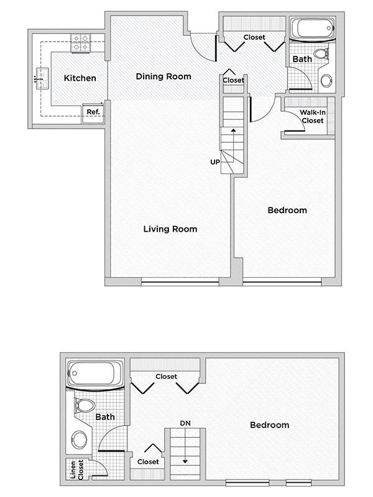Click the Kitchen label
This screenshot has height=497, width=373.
[80, 78]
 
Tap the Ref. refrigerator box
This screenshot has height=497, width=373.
[93, 112]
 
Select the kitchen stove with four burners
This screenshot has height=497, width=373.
[81, 42]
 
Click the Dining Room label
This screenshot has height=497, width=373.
[163, 76]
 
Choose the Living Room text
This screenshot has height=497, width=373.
[170, 229]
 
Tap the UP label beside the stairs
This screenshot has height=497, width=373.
[215, 162]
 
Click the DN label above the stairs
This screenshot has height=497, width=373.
[185, 423]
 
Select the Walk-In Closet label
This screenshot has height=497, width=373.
[312, 116]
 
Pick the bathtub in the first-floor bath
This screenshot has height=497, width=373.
[313, 29]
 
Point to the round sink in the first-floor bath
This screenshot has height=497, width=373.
[326, 80]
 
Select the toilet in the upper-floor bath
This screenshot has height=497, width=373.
[84, 406]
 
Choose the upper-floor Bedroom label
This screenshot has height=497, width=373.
[269, 425]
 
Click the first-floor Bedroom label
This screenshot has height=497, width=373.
[287, 210]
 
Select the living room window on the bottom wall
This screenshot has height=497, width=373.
[180, 283]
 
